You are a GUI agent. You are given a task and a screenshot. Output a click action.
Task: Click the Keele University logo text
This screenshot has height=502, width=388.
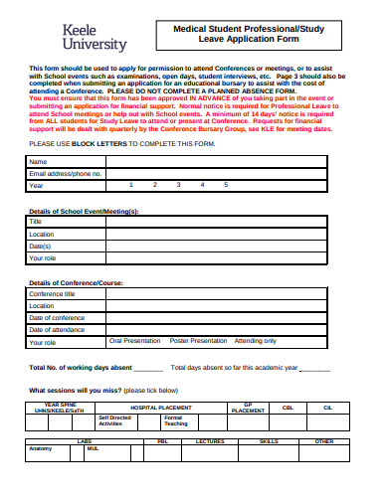coord(95,38)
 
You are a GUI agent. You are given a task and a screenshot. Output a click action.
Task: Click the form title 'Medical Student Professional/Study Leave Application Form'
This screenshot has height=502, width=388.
coord(250,37)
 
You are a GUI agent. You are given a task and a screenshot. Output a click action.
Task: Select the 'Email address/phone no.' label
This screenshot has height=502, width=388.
coord(66,173)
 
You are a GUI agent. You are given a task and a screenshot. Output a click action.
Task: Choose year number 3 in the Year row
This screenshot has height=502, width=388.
coord(178,185)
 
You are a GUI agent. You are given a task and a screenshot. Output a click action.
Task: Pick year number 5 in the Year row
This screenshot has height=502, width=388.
coord(226,185)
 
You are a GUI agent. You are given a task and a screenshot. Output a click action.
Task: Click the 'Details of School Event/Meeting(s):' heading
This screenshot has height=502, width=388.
coord(84,211)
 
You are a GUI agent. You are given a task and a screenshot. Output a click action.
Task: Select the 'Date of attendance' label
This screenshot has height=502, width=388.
coord(58,329)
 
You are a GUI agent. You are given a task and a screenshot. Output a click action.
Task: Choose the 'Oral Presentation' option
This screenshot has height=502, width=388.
coord(135,341)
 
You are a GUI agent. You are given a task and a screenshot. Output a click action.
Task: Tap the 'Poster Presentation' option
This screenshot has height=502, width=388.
coord(198,341)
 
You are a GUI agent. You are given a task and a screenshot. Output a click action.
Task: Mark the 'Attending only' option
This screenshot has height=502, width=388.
coord(256,341)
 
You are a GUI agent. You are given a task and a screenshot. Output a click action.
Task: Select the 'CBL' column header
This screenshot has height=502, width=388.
coord(289,408)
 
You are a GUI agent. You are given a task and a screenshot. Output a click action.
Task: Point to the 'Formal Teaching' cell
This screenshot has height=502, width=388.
coord(175,420)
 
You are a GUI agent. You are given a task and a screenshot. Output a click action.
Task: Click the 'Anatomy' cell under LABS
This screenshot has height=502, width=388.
coord(41,448)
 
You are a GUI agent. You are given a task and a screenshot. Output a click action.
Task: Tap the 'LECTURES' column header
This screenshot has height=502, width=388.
coord(210,440)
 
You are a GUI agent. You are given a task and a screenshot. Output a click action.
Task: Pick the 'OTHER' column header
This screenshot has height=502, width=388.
coord(324,440)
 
